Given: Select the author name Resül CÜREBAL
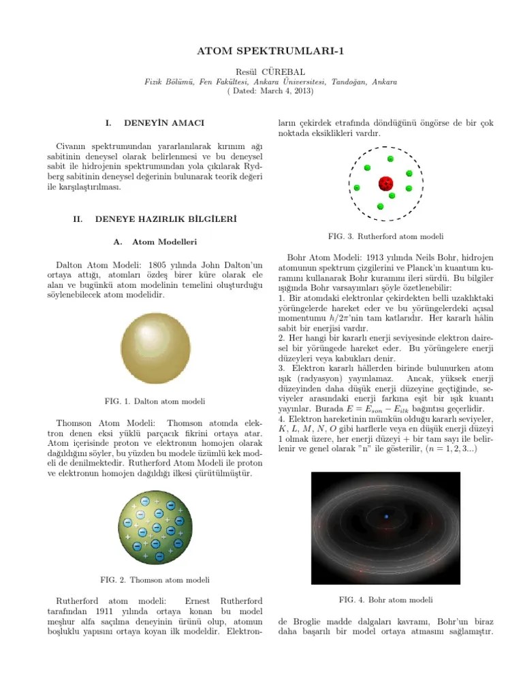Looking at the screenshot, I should click(261, 71).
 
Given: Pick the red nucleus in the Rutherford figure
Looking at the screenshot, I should click(386, 184).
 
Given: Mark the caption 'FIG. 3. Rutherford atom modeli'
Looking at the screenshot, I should click(386, 236).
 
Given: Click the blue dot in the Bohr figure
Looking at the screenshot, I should click(386, 517).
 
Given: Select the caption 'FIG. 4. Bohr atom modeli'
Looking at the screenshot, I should click(386, 600).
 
